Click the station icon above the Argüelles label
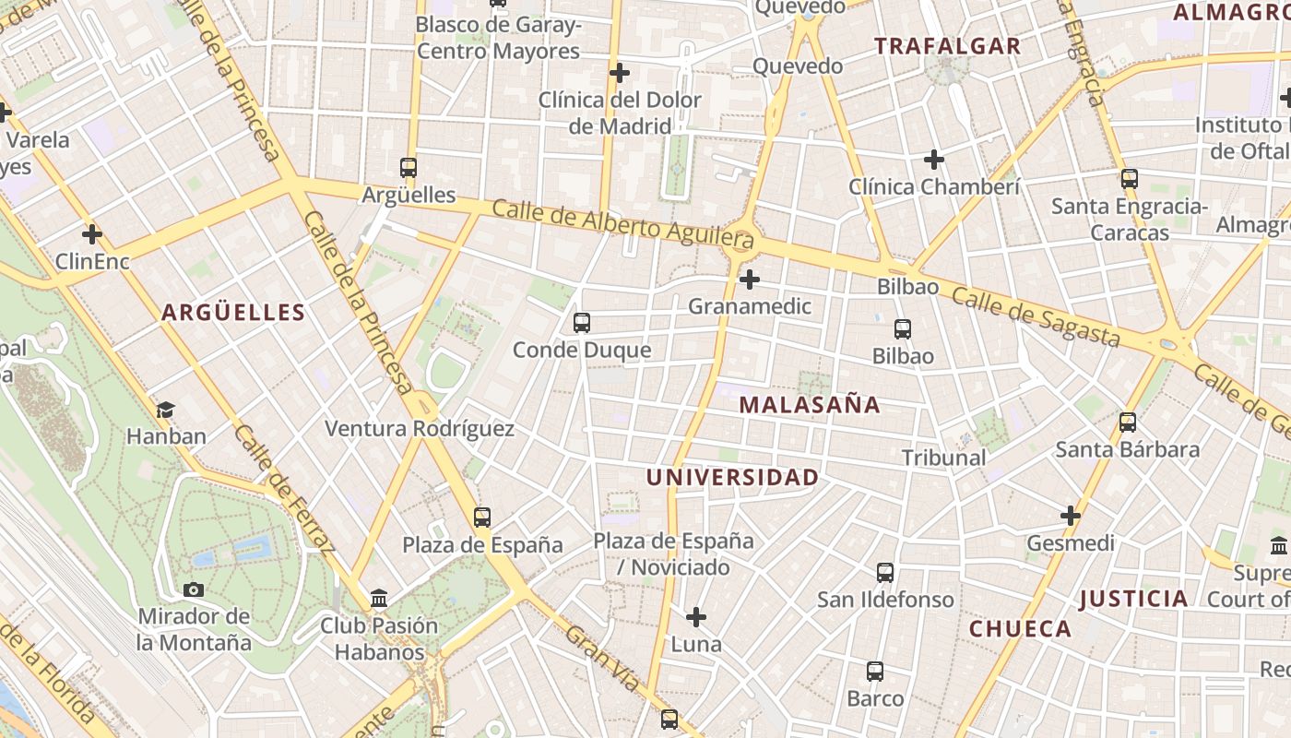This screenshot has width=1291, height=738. click(409, 168)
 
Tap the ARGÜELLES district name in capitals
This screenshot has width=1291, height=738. click(233, 313)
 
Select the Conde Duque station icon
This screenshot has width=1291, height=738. click(581, 323)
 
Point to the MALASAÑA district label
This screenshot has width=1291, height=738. click(810, 405)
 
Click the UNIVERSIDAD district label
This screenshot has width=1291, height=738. click(732, 478)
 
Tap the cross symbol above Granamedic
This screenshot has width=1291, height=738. click(750, 279)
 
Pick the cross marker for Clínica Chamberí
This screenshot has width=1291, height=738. click(934, 160)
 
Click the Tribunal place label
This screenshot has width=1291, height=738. click(943, 458)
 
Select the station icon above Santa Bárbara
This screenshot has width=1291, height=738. click(1127, 423)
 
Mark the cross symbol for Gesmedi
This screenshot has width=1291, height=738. click(1070, 516)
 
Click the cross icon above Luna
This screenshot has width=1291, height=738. click(696, 616)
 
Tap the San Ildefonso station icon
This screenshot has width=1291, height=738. click(885, 573)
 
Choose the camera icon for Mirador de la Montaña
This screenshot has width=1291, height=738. click(194, 589)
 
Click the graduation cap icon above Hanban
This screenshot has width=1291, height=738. click(165, 410)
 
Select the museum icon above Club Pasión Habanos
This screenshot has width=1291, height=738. click(379, 599)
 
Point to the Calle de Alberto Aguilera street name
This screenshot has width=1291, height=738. click(623, 222)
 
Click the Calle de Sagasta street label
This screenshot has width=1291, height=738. click(1036, 317)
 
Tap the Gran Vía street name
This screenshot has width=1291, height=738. click(601, 659)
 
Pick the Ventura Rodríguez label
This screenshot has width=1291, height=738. click(420, 429)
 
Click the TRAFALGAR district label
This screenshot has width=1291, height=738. click(947, 46)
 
